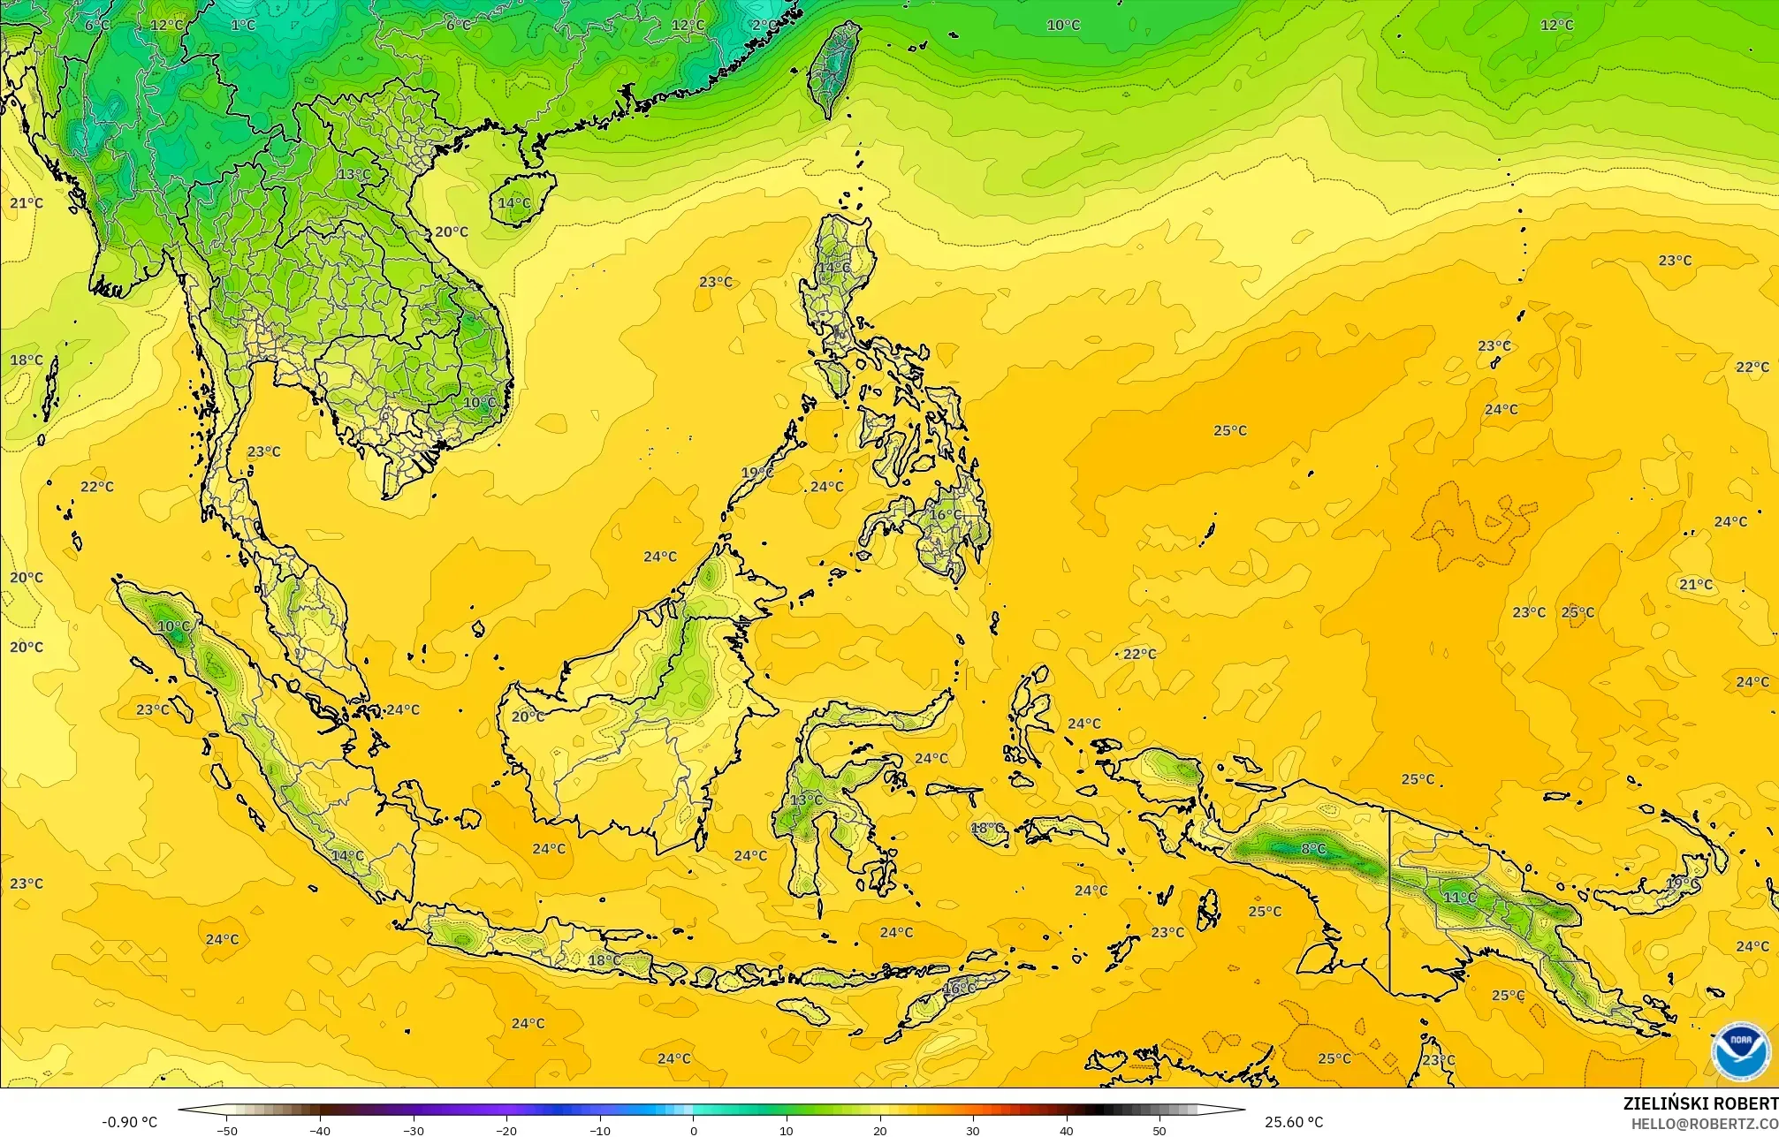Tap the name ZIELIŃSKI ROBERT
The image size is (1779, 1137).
1699,1103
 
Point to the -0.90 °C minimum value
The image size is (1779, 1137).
130,1122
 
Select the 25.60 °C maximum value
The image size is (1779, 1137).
1293,1122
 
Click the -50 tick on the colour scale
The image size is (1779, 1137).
227,1130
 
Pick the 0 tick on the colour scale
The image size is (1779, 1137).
693,1130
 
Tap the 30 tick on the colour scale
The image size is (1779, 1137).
972,1130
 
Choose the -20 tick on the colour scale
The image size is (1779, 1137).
506,1130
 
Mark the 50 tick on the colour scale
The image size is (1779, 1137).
1159,1130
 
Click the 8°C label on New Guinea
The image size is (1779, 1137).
1313,849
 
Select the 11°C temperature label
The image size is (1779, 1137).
1459,898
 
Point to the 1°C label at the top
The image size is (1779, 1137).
243,25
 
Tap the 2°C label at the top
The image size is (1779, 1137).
765,25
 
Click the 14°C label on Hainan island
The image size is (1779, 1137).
514,203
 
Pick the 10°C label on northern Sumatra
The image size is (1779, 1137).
173,627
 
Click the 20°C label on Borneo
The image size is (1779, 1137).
528,716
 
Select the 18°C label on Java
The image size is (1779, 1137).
604,960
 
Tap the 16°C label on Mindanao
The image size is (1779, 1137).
946,514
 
